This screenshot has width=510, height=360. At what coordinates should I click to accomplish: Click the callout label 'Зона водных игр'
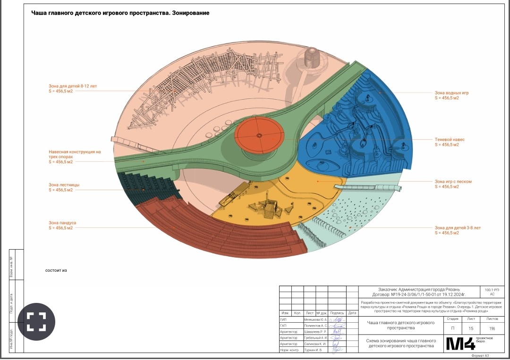pyautogui.click(x=451, y=93)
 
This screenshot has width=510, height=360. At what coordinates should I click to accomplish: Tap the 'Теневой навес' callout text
pyautogui.click(x=450, y=140)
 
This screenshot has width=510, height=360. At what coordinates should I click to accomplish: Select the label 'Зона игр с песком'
pyautogui.click(x=453, y=181)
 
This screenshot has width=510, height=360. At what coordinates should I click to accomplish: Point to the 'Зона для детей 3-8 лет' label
pyautogui.click(x=458, y=228)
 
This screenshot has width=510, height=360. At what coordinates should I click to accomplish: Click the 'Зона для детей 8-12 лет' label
pyautogui.click(x=73, y=86)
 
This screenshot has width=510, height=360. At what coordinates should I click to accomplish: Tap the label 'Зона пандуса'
pyautogui.click(x=62, y=223)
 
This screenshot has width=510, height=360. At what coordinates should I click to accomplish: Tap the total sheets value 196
pyautogui.click(x=492, y=328)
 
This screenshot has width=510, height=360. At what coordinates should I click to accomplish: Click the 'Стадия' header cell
pyautogui.click(x=452, y=318)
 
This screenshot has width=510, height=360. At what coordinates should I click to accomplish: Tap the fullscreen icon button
pyautogui.click(x=36, y=321)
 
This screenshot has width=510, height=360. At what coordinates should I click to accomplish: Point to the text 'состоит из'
pyautogui.click(x=56, y=270)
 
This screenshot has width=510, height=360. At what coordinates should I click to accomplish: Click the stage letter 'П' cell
pyautogui.click(x=453, y=328)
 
